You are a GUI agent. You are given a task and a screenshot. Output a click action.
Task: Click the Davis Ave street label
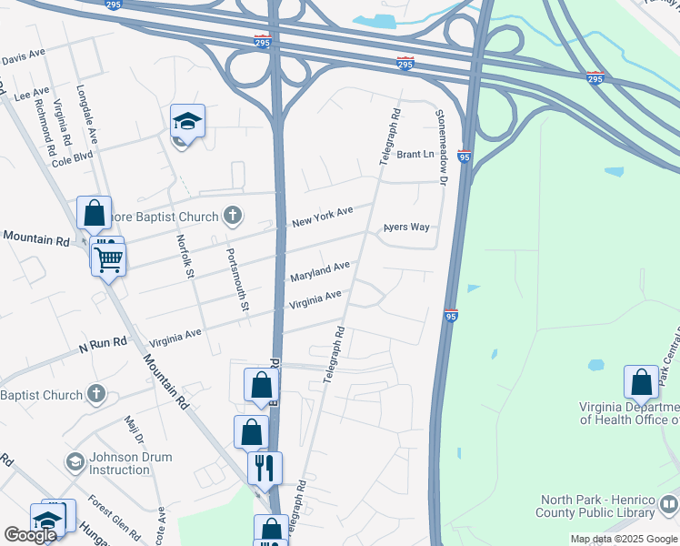pos(23,56)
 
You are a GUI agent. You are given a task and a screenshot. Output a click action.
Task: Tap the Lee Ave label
pos(32,94)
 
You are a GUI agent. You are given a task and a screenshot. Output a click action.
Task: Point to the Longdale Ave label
pos(86,116)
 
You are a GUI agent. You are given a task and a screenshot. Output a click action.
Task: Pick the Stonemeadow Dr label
pos(443,148)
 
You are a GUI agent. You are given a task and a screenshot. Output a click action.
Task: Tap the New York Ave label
pos(322,217)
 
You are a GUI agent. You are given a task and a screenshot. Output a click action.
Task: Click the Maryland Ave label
pos(319,270)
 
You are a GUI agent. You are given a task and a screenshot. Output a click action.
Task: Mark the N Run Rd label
pos(101,343)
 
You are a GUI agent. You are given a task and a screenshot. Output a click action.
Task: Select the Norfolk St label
pos(185,257)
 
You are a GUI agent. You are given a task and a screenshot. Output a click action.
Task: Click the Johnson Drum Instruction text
pos(119,464)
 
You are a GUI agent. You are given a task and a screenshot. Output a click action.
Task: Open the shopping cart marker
pos(108,259)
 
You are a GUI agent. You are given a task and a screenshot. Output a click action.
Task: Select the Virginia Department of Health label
pos(629,413)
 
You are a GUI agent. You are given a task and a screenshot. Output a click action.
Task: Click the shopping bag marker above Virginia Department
pos(641,382)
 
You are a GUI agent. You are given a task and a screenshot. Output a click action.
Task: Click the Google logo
pos(30,535)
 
